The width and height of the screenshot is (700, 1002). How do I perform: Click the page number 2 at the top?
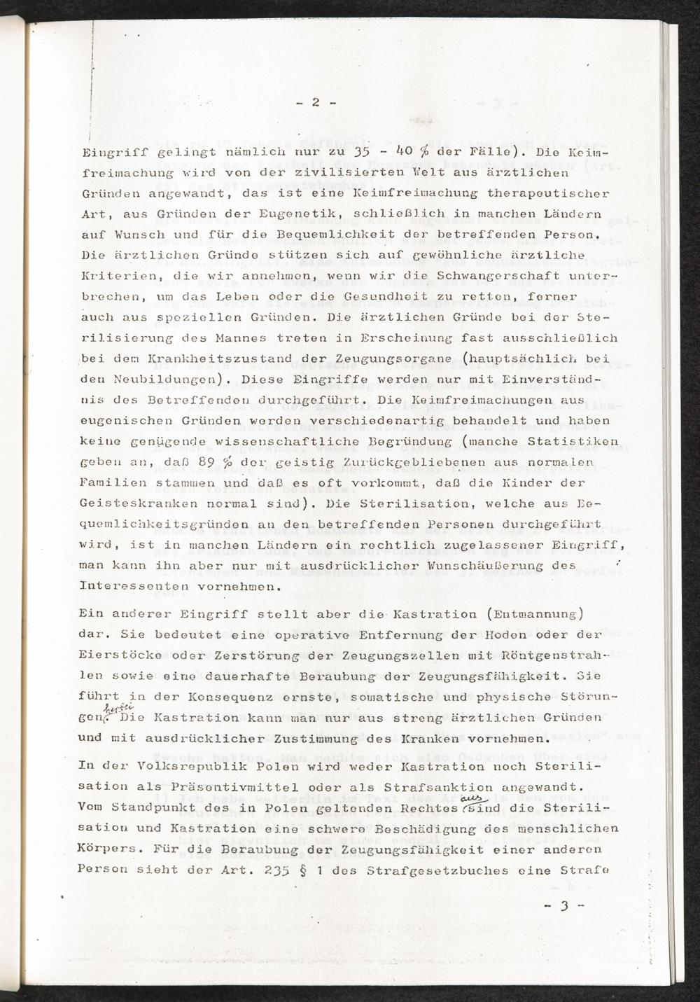(315, 102)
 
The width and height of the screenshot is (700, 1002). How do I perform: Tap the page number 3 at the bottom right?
(563, 905)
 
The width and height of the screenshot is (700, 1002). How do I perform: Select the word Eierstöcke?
(113, 655)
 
